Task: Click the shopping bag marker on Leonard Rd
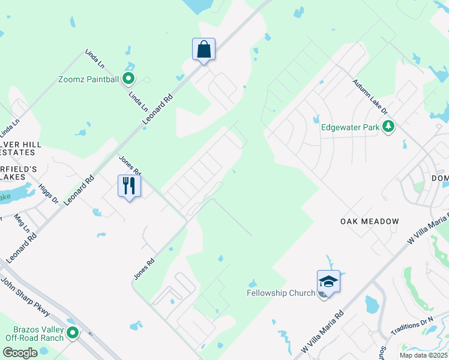point(203,49)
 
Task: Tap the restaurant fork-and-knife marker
point(130,185)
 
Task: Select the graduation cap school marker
point(328,281)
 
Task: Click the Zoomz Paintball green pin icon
point(128,79)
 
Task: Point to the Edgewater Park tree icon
point(389,127)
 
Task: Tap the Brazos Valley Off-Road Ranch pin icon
point(73,333)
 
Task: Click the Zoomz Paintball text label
point(89,79)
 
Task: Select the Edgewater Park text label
point(351,127)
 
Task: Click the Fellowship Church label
point(281,293)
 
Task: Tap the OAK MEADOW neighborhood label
point(370,221)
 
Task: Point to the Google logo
point(19,353)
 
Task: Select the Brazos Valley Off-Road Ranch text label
point(37,334)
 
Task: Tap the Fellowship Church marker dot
point(324,294)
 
